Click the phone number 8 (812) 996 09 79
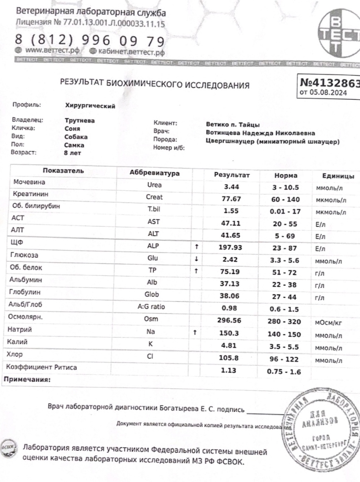90,41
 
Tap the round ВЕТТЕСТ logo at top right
339,34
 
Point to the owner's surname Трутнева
80,120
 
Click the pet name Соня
73,129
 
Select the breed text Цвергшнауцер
230,142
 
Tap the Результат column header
232,175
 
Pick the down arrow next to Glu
196,259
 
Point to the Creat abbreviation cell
154,198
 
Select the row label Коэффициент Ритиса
41,367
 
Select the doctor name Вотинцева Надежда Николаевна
260,133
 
